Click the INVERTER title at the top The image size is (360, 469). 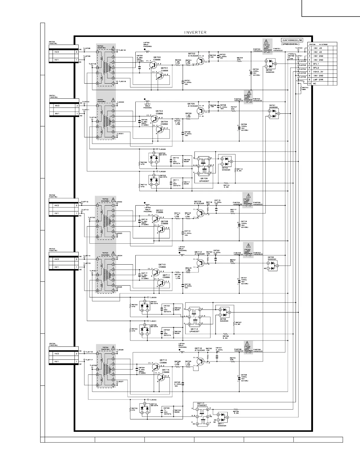tap(195, 32)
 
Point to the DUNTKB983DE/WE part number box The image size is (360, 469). tap(292, 40)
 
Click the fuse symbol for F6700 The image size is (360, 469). tap(267, 51)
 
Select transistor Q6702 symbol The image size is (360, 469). tap(201, 61)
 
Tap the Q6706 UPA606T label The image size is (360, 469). tap(205, 179)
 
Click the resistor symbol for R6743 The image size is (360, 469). tap(300, 88)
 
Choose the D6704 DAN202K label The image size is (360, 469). tap(226, 169)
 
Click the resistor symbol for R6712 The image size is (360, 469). tap(226, 183)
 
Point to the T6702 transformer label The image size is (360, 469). tap(106, 199)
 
